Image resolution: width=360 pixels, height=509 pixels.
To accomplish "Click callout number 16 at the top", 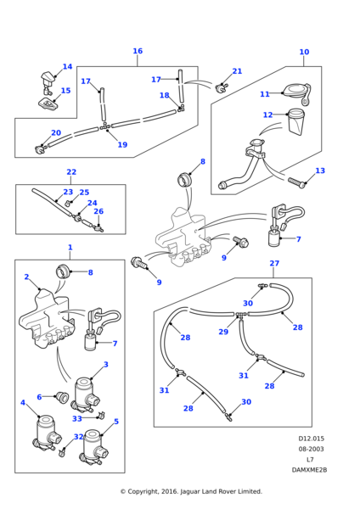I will click(x=138, y=51).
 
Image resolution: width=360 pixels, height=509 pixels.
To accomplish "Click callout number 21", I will click(x=237, y=71).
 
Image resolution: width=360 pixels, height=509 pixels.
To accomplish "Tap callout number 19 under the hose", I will click(x=122, y=145).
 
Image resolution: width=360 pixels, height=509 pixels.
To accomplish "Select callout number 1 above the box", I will click(x=70, y=248).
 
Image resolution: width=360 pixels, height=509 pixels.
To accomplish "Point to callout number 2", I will click(x=26, y=277).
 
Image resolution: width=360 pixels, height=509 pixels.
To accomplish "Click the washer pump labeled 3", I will click(x=84, y=391).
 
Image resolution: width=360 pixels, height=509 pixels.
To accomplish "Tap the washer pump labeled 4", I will click(x=44, y=431).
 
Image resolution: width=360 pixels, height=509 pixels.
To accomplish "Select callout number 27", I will click(x=274, y=264).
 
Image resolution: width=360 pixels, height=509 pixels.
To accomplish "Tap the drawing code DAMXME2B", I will click(x=309, y=469).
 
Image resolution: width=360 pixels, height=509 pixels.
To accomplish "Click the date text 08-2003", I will click(x=311, y=449).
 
